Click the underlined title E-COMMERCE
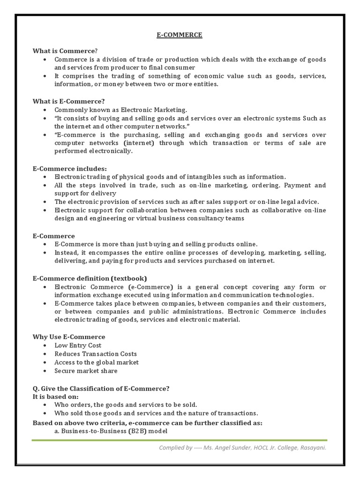tap(179, 35)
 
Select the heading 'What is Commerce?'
tap(65, 51)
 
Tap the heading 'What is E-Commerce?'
tap(68, 101)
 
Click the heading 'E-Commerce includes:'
tap(70, 168)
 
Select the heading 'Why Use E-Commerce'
tap(69, 337)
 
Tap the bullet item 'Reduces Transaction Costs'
tap(95, 354)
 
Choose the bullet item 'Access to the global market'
tap(96, 362)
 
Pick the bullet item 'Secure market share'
tap(86, 371)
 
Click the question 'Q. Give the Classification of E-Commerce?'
tap(101, 388)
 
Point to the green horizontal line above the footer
tap(180, 440)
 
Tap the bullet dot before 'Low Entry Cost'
tap(44, 345)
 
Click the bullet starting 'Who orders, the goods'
tap(126, 405)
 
